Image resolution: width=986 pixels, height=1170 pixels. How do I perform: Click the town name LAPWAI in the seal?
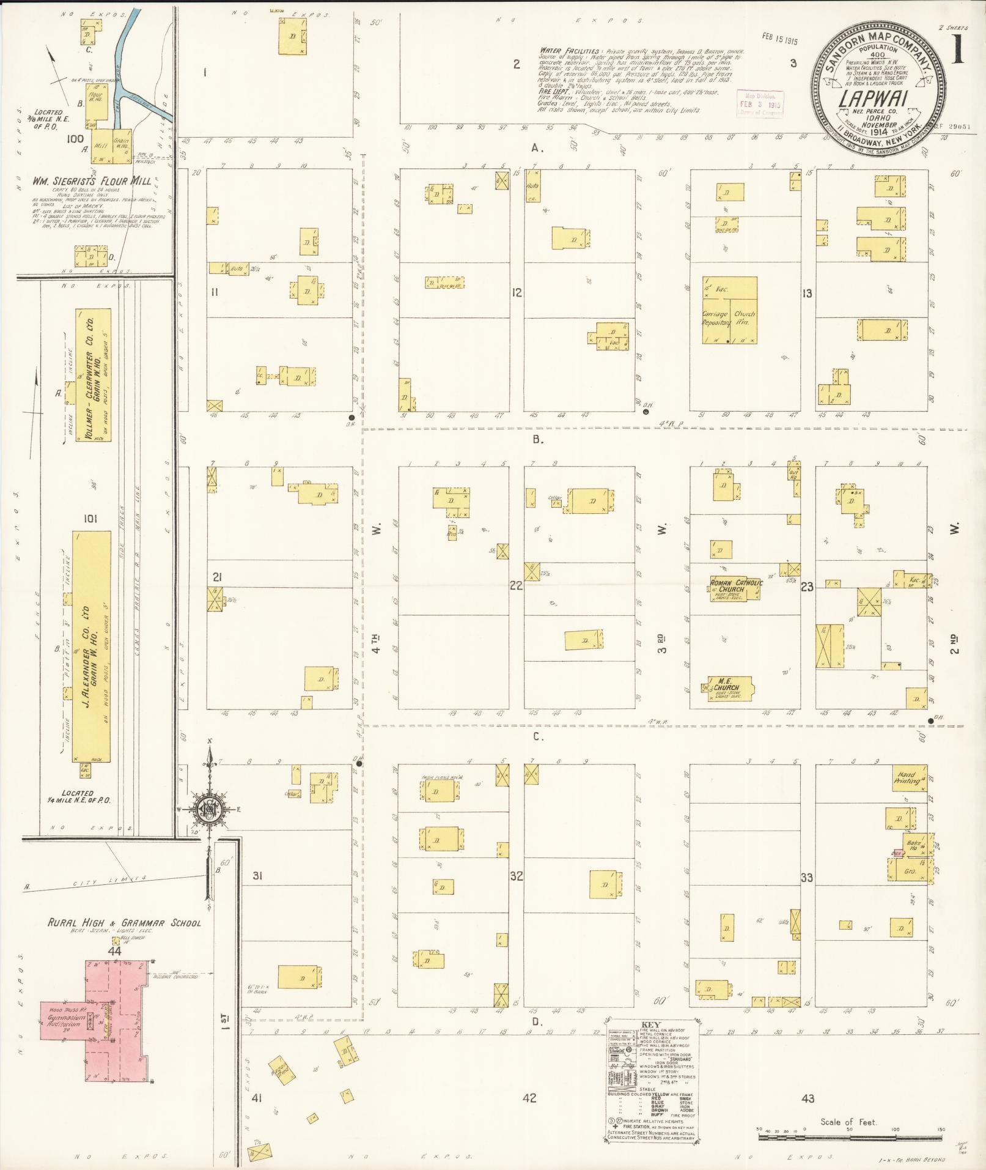878,97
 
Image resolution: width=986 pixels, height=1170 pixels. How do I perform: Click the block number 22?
516,585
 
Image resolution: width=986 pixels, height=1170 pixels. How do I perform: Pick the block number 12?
517,292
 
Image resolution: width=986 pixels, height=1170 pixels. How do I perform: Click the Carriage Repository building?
716,319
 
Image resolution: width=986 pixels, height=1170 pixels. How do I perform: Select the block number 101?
90,519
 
